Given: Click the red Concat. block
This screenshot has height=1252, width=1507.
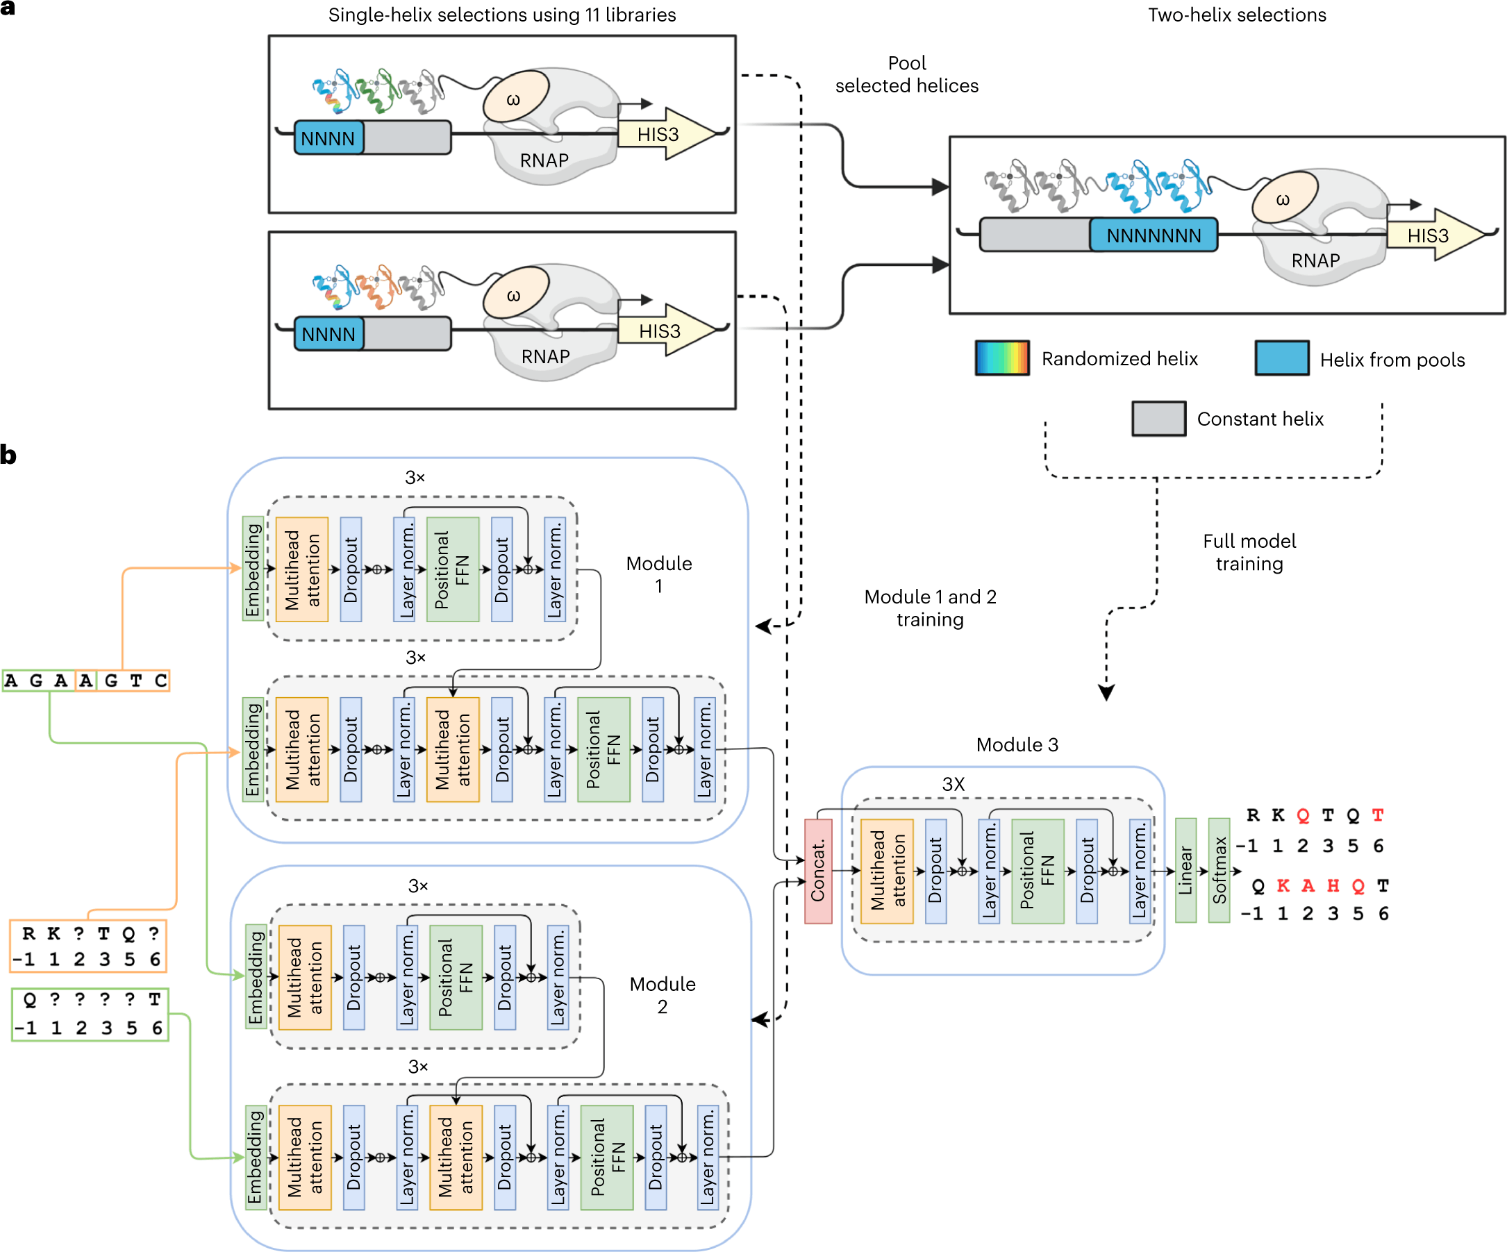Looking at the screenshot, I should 817,870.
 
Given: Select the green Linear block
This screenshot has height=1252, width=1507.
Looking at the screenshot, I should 1185,869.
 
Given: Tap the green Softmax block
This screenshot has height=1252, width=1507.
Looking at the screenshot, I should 1219,869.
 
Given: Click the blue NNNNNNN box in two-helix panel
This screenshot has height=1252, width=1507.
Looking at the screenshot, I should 1153,235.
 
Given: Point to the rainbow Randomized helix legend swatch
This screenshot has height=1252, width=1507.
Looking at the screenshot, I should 1002,358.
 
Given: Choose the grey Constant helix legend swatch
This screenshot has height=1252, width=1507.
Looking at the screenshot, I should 1158,418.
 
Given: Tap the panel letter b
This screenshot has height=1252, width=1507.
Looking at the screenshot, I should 8,455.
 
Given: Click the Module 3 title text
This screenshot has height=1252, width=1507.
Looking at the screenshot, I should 1016,745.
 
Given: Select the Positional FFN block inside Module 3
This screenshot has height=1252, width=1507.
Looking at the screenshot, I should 1037,870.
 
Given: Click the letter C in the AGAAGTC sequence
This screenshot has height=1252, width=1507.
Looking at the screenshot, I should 160,681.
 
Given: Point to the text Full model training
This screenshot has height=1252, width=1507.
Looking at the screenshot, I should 1249,552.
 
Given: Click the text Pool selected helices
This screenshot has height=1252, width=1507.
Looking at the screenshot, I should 906,74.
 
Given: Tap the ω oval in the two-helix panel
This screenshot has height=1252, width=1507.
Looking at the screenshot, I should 1285,198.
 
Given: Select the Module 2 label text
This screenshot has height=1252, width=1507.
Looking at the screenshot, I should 662,994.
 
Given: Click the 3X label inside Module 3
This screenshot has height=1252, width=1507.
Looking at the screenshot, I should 953,784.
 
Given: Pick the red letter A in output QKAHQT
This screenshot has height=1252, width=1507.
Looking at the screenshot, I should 1308,886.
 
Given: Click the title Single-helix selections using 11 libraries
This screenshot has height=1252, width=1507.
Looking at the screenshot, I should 501,15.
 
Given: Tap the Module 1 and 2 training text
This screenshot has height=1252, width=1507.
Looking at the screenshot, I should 929,608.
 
